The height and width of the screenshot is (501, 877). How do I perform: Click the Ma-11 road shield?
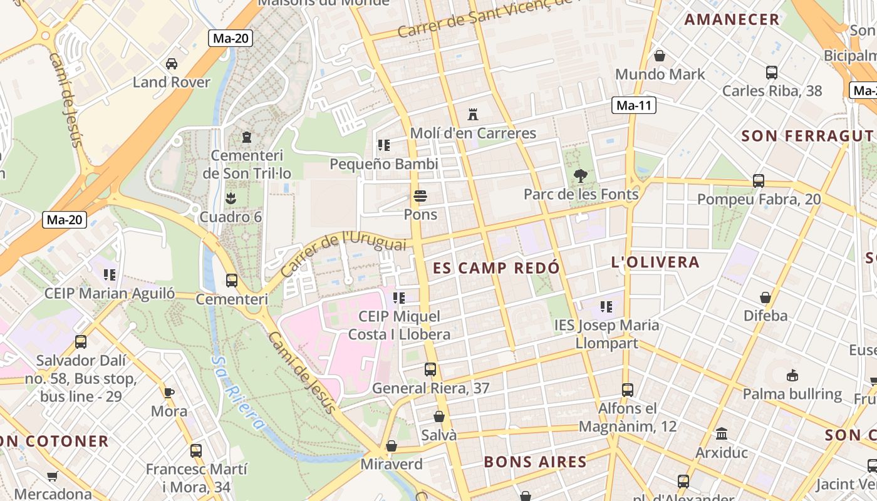(634, 105)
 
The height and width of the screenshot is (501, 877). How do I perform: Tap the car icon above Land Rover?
(171, 63)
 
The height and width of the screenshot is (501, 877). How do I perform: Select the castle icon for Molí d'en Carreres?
(473, 114)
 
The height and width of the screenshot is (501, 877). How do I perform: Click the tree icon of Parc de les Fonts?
(581, 175)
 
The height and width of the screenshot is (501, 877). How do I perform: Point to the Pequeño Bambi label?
(384, 164)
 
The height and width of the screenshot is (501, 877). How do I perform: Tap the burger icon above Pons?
(420, 196)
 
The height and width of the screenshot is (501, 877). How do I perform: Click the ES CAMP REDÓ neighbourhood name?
(496, 268)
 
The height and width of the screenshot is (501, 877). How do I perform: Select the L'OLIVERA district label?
(655, 262)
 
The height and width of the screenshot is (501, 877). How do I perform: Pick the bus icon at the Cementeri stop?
(232, 280)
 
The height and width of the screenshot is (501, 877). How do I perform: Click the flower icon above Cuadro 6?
(230, 199)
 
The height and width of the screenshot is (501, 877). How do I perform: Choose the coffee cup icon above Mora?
(169, 393)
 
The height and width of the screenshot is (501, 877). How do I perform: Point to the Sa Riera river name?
(237, 393)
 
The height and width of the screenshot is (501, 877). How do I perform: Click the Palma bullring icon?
(792, 375)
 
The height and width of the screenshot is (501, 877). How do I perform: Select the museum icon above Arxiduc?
(722, 433)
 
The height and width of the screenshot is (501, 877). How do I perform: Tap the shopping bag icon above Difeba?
(765, 297)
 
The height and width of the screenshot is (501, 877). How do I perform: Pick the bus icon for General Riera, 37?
(430, 369)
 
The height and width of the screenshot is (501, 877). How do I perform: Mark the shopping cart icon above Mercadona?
(53, 476)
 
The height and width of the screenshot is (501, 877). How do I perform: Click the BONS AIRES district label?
(535, 462)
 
